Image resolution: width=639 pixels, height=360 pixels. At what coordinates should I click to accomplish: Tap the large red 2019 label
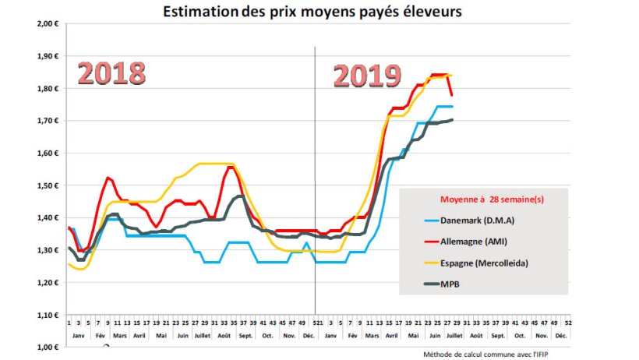click(367, 76)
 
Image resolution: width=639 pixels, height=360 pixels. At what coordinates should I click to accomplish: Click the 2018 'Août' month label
click(224, 336)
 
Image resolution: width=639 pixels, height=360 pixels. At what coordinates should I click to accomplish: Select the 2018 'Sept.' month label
click(246, 336)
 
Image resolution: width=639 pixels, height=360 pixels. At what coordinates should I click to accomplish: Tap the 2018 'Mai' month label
click(161, 336)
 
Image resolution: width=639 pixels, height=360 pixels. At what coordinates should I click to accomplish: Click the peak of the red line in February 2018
click(108, 178)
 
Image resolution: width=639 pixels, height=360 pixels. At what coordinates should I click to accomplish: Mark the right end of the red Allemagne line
click(452, 95)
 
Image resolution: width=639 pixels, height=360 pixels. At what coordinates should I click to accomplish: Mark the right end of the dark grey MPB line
click(452, 120)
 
